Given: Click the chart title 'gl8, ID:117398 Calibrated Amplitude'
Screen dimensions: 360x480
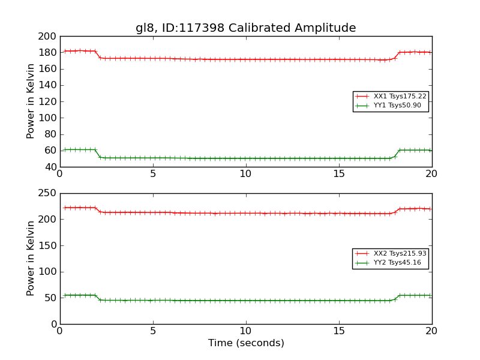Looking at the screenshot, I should point(245,28).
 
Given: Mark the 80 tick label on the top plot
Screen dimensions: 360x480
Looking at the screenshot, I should point(49,134).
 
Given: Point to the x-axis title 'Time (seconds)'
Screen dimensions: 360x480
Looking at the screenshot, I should point(246,343).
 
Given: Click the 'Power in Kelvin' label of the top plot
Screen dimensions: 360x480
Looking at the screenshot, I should point(31,101).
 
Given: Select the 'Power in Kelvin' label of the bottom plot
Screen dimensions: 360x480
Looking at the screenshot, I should point(31,259).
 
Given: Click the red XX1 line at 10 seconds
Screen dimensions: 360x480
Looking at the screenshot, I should point(246,59).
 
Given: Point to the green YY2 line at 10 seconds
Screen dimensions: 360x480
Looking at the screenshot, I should point(246,301).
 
